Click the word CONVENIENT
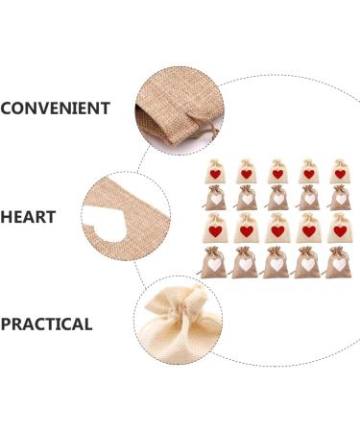tap(55, 108)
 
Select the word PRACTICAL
tap(46, 324)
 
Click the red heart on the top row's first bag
tap(216, 174)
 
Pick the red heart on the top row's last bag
tap(339, 174)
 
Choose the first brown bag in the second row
tap(216, 198)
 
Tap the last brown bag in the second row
tap(339, 198)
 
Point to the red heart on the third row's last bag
tap(339, 231)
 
